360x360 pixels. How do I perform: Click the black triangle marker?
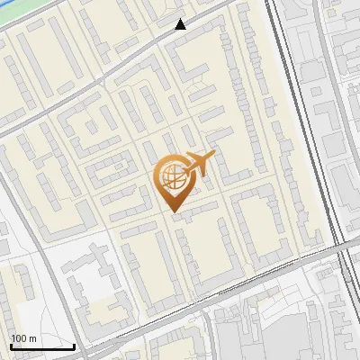(x=181, y=24)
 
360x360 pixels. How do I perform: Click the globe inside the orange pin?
(x=170, y=178)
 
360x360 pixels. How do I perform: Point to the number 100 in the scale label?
(x=20, y=338)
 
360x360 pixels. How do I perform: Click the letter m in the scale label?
(x=32, y=338)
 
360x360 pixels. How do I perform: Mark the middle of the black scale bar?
(x=42, y=346)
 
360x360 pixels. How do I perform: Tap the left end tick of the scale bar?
(x=11, y=345)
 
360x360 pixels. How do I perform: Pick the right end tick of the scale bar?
(x=74, y=345)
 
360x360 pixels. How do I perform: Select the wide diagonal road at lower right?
(x=270, y=270)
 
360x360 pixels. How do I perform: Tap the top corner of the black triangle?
(x=181, y=19)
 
